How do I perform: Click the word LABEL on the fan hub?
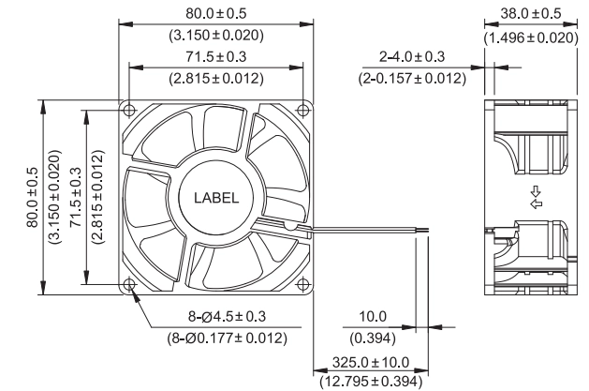pos(216,198)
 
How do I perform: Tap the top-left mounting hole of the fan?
pos(129,110)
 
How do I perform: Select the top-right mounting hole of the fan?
pos(302,110)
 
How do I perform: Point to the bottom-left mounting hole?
pos(129,285)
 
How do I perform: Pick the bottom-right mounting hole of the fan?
pos(302,285)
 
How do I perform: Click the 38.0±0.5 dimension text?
pos(530,13)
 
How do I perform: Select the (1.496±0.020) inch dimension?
pos(531,38)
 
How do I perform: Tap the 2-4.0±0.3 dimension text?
pos(412,57)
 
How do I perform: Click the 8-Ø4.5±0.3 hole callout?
pos(227,316)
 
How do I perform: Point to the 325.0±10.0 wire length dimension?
pos(371,363)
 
